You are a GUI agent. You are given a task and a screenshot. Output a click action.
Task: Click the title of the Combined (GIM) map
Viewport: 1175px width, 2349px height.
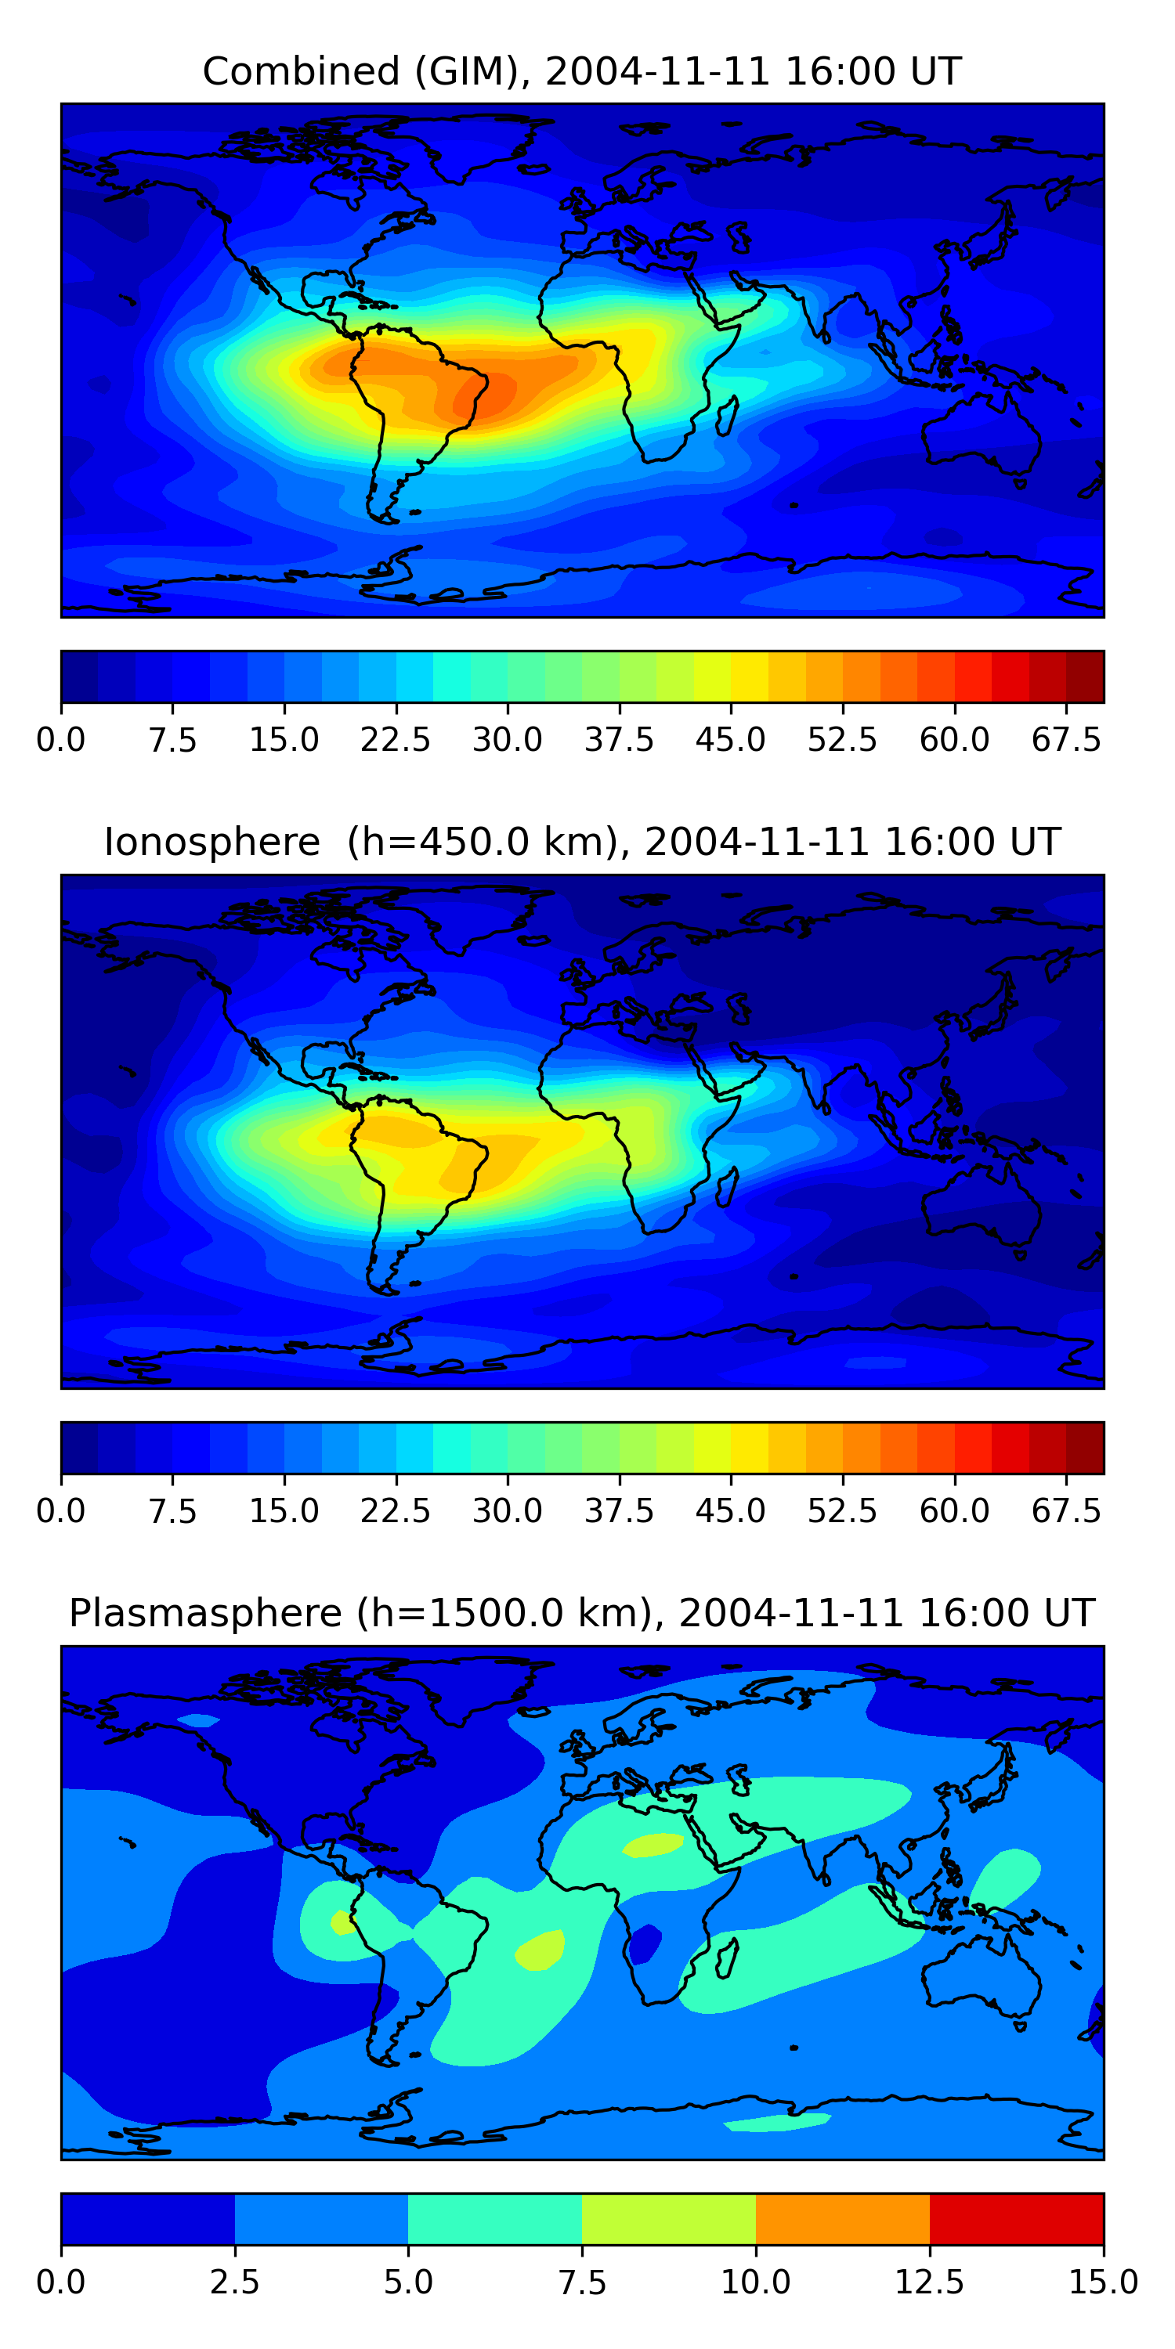(582, 71)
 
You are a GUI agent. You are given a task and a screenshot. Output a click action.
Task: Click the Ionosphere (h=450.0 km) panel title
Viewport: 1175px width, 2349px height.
(582, 842)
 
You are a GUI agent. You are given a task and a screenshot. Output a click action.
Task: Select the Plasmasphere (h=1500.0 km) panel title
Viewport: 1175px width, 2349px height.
(582, 1613)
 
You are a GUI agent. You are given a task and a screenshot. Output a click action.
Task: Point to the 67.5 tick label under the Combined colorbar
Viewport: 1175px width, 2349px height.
(1066, 739)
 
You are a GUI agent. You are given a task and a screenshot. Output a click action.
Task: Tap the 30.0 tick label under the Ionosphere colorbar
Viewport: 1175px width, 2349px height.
(508, 1510)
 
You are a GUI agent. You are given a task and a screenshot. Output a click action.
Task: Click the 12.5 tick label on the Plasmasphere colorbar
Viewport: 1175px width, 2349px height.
(930, 2282)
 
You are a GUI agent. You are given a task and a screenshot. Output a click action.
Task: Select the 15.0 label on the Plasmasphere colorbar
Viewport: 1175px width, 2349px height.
(1103, 2282)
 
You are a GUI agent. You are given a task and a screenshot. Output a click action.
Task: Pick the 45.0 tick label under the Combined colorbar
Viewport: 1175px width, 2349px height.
(730, 739)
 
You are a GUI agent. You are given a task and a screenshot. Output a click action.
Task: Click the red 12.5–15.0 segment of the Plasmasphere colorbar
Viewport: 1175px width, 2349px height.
(1016, 2218)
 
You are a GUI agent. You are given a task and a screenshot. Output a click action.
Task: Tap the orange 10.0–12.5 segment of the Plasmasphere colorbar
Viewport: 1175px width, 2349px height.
(842, 2218)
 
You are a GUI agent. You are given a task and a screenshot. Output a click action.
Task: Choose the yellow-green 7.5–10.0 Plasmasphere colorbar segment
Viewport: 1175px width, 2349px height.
(669, 2218)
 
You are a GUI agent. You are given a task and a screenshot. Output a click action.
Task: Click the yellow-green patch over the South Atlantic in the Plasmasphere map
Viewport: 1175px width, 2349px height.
(540, 1950)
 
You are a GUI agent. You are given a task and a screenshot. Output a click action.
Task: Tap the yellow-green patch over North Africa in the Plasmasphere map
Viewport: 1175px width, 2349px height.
(653, 1845)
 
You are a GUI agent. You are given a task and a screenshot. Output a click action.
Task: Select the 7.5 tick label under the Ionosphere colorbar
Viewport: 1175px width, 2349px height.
(172, 1510)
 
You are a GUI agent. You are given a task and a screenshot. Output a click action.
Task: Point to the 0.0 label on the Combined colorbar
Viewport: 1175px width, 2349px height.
(61, 739)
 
